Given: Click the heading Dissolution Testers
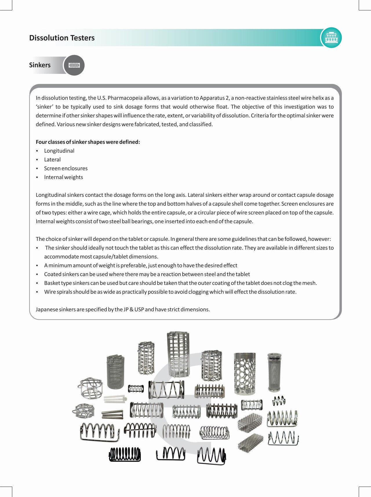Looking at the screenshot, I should [x=62, y=38].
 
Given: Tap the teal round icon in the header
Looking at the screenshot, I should [x=331, y=38].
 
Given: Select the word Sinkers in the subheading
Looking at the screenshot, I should [x=40, y=65].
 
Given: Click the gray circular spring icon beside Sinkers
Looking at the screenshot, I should [x=74, y=65].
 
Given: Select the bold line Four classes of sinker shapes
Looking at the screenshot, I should [x=88, y=142].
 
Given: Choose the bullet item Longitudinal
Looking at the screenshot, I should [x=59, y=151].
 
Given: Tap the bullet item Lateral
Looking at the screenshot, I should [x=52, y=160].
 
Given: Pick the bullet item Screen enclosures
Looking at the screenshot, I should [x=66, y=168].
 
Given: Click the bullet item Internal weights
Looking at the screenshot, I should [x=63, y=177].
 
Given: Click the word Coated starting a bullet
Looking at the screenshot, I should [x=52, y=274].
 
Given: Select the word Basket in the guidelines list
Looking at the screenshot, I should [x=52, y=283].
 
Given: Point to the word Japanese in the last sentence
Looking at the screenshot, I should [x=47, y=310].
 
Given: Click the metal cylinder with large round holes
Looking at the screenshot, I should [x=245, y=374].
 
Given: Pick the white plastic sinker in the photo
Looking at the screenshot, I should [x=115, y=399].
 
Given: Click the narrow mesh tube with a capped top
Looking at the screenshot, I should [x=274, y=372].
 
